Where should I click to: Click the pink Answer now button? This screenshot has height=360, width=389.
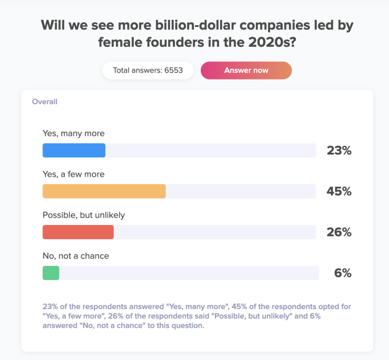pyautogui.click(x=246, y=70)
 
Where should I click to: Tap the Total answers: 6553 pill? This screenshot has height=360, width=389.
pyautogui.click(x=148, y=70)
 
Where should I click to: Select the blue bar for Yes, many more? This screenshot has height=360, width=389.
pyautogui.click(x=74, y=150)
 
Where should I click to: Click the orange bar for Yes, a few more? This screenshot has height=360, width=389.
pyautogui.click(x=104, y=191)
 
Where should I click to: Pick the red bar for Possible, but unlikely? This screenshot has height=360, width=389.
pyautogui.click(x=78, y=232)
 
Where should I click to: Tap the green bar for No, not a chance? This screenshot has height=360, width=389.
pyautogui.click(x=51, y=273)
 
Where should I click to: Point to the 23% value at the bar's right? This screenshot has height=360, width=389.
pyautogui.click(x=339, y=151)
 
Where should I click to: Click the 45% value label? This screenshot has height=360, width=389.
pyautogui.click(x=339, y=192)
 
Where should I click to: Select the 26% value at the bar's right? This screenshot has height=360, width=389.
pyautogui.click(x=339, y=232)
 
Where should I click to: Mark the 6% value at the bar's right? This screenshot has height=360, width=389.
pyautogui.click(x=342, y=274)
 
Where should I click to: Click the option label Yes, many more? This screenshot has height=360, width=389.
pyautogui.click(x=74, y=133)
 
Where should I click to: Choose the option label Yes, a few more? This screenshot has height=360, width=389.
pyautogui.click(x=74, y=174)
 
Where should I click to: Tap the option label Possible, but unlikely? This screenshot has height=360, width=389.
pyautogui.click(x=84, y=215)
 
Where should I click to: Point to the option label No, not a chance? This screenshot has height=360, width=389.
pyautogui.click(x=76, y=256)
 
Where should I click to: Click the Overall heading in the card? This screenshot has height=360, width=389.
pyautogui.click(x=45, y=102)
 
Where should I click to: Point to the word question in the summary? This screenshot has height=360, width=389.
pyautogui.click(x=188, y=326)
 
